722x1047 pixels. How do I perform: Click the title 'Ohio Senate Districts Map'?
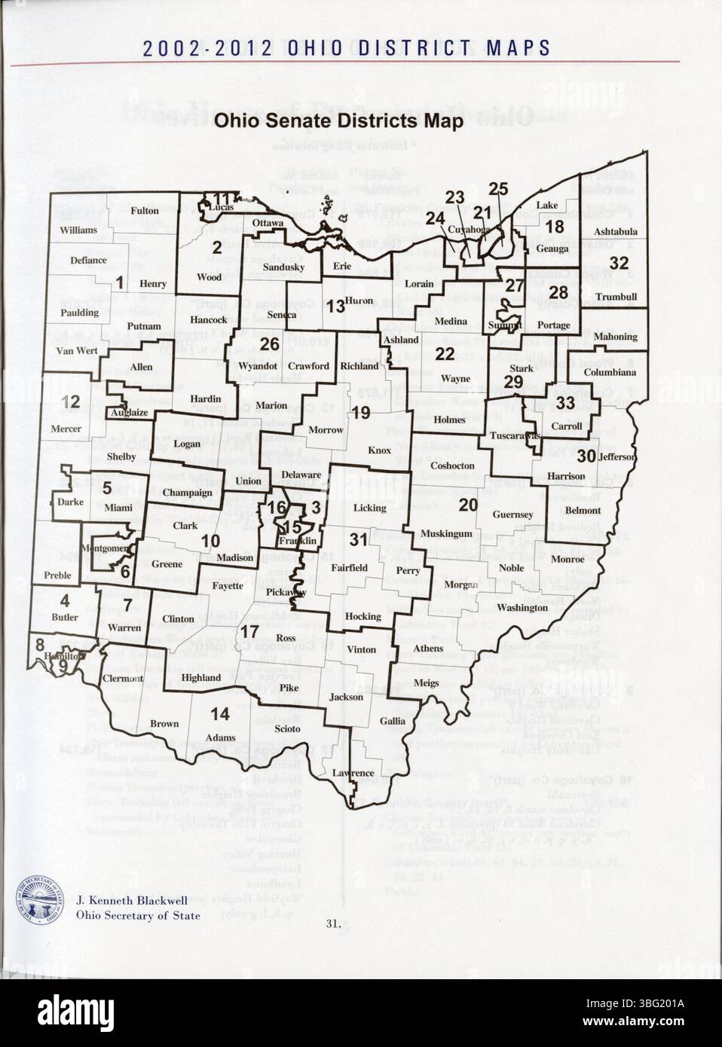338,122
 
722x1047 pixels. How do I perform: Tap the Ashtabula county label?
615,231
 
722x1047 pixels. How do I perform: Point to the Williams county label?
79,230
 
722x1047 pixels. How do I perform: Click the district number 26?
270,344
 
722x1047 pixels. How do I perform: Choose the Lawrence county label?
353,773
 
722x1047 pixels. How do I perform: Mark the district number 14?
220,713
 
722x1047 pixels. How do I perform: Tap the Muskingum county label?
445,534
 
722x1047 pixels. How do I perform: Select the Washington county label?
522,607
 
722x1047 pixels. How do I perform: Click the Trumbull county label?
616,297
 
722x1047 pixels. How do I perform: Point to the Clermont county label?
122,678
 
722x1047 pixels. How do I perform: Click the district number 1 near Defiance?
119,282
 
